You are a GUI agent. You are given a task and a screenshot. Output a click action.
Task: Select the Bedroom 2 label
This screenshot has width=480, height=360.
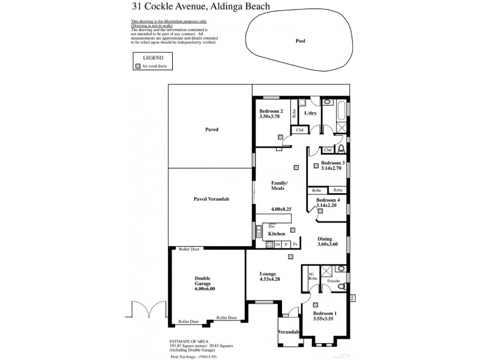click(271, 112)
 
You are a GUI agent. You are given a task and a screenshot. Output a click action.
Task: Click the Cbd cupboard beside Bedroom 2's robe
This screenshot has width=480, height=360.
click(298, 130)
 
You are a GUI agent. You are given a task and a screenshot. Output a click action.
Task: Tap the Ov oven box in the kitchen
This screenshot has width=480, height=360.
click(278, 244)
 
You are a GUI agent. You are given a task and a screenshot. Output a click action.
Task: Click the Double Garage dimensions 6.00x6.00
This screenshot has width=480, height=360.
click(205, 289)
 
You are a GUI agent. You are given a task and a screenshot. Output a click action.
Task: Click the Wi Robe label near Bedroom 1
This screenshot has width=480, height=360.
click(312, 277)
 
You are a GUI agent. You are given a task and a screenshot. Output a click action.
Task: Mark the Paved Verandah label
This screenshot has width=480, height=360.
click(211, 199)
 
